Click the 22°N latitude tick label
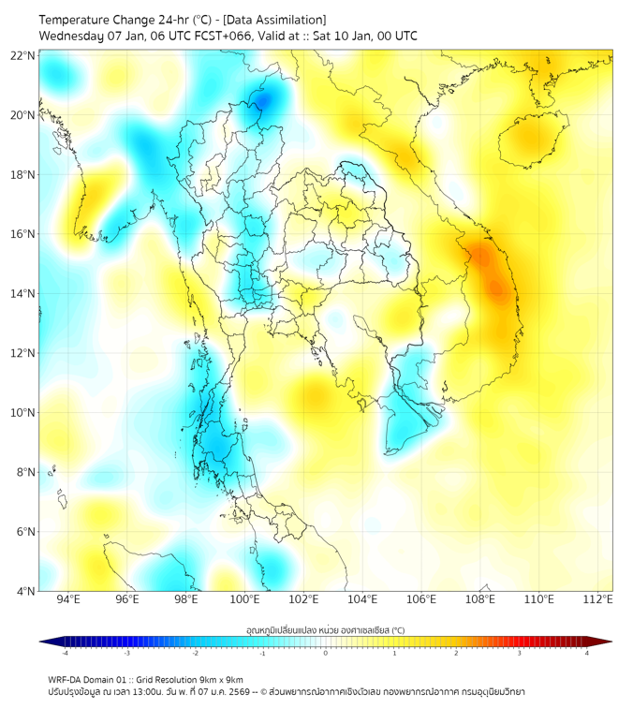tap(23, 55)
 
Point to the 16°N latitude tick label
tap(23, 234)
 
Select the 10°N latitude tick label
tap(23, 413)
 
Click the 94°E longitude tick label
tap(68, 599)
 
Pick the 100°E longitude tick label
tap(245, 599)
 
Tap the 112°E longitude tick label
tap(598, 599)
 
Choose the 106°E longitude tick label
tap(421, 599)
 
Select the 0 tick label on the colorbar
tap(326, 653)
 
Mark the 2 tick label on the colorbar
tap(456, 653)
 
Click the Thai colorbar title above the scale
tap(325, 630)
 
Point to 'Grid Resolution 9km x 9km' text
tap(197, 679)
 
